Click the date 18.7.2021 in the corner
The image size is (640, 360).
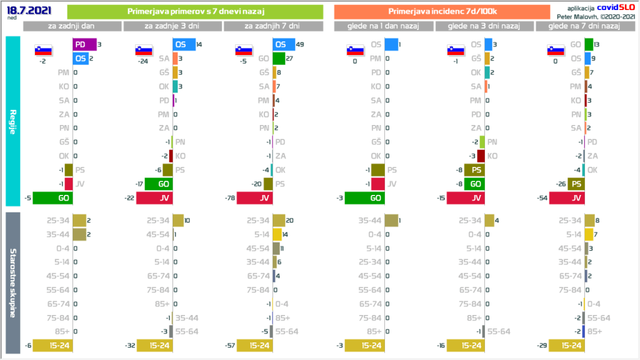(27, 9)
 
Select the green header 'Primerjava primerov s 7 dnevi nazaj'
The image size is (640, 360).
(194, 12)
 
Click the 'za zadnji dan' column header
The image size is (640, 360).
(72, 26)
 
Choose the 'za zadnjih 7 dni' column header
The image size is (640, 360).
(272, 26)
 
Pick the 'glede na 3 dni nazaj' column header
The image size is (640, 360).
(484, 26)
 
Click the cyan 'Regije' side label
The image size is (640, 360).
(13, 121)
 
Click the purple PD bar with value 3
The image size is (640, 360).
(84, 44)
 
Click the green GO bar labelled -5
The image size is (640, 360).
(52, 198)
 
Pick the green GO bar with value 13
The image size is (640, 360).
(589, 44)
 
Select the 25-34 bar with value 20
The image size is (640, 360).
(278, 220)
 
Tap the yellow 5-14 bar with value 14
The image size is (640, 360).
(277, 234)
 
